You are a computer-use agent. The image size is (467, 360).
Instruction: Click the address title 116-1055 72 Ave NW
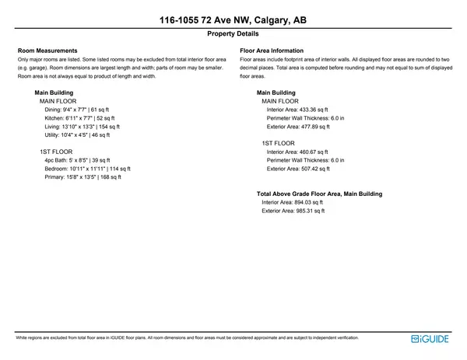click(233, 19)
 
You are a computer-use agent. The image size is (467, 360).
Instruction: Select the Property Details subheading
click(233, 34)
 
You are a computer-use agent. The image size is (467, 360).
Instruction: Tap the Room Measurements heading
click(47, 51)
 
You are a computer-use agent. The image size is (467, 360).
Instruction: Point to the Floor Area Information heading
click(272, 51)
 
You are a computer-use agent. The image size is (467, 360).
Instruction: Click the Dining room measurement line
click(78, 110)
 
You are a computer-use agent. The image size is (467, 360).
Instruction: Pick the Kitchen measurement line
click(79, 118)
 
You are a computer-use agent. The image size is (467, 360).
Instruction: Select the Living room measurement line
click(82, 126)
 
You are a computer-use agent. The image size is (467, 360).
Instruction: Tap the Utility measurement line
click(78, 135)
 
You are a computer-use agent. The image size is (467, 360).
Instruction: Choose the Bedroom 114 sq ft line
click(87, 168)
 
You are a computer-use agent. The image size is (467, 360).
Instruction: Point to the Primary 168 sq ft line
click(83, 177)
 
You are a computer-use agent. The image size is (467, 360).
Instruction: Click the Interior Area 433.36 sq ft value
click(297, 110)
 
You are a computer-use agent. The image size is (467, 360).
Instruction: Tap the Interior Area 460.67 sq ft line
click(297, 152)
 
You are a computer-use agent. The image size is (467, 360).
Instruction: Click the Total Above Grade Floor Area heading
click(319, 194)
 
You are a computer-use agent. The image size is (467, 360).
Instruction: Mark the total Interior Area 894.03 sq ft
click(292, 202)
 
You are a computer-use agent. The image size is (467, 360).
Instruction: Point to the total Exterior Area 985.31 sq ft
click(293, 211)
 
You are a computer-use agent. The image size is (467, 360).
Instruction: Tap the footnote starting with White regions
click(187, 338)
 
